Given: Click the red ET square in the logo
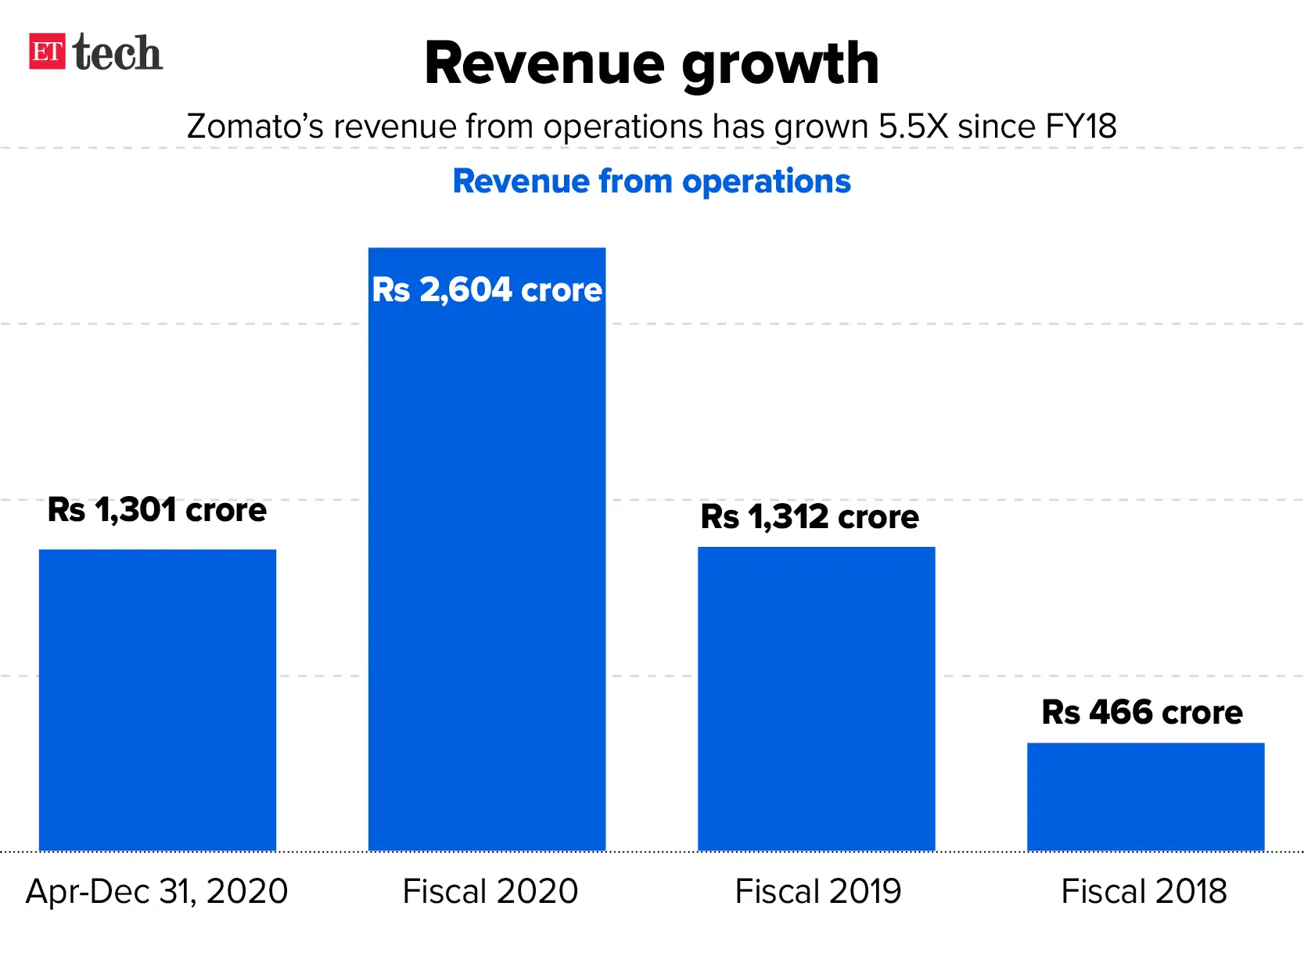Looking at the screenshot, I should click(x=47, y=52).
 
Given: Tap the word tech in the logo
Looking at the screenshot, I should click(x=117, y=53).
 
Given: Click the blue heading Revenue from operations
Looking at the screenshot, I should click(x=652, y=182).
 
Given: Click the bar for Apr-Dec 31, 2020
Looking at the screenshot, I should click(x=157, y=700).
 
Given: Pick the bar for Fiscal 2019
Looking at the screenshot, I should click(x=816, y=699).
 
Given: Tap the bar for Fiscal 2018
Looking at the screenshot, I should click(x=1145, y=796).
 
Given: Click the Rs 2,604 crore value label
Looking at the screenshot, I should click(x=487, y=289).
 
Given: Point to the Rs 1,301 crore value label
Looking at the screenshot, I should click(x=157, y=510).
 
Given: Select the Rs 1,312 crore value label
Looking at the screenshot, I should click(x=810, y=517).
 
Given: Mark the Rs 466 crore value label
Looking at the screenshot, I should click(x=1142, y=713).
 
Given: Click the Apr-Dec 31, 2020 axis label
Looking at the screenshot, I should click(x=157, y=892).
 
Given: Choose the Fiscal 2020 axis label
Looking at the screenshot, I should click(x=490, y=892).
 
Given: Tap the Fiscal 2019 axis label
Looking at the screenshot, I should click(x=818, y=892).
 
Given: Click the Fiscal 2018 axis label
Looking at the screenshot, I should click(x=1144, y=892).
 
